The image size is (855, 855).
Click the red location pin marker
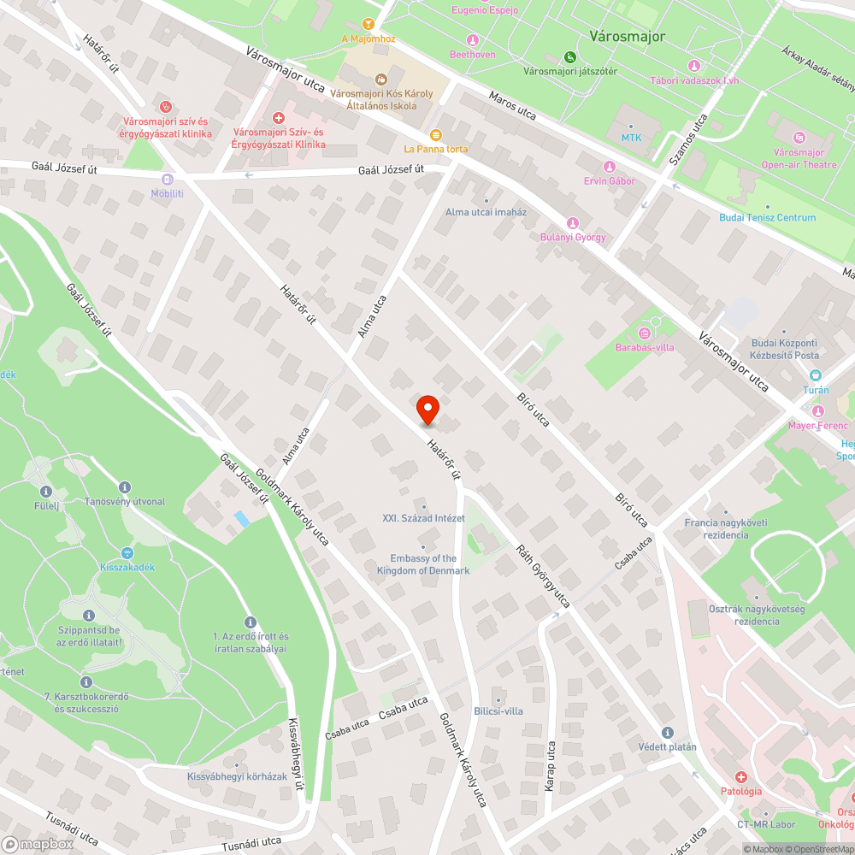tap(427, 410)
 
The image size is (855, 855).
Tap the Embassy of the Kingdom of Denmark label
tap(423, 564)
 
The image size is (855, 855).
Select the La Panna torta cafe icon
tap(435, 135)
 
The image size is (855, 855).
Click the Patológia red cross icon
tap(740, 777)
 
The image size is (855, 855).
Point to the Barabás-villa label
tap(645, 347)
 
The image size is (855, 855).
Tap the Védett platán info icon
tap(668, 733)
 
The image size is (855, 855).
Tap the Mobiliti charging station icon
tap(168, 180)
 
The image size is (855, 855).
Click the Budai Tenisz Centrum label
tap(767, 217)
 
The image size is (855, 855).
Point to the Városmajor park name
tap(627, 36)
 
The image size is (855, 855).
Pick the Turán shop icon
tap(815, 375)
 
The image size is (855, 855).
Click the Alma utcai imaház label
tap(486, 212)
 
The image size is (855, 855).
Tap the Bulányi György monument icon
tap(573, 223)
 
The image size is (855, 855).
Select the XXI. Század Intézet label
tap(423, 518)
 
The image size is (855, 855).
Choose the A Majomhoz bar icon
tap(369, 24)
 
